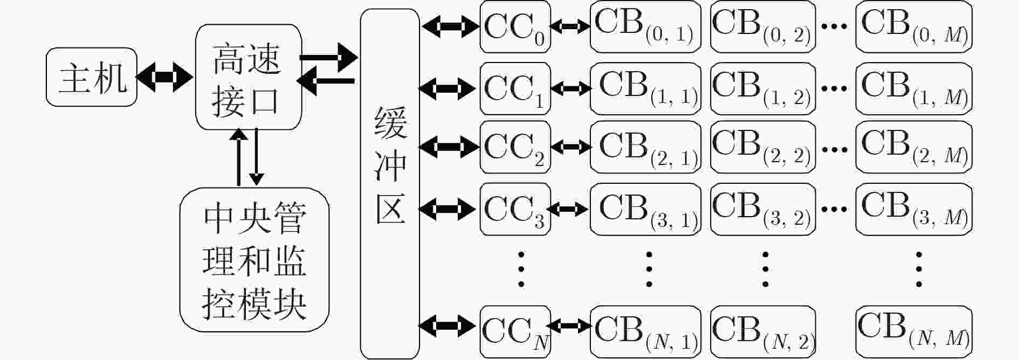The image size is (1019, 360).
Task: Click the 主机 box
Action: tap(92, 77)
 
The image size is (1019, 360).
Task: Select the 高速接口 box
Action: tap(248, 77)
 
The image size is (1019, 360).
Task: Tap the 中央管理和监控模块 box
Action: tap(254, 260)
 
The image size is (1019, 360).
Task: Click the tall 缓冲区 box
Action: tap(390, 183)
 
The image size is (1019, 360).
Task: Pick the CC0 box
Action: tap(515, 27)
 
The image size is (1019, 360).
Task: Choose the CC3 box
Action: tap(515, 209)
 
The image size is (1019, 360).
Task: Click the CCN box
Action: tap(515, 331)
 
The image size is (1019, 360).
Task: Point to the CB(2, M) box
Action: tap(914, 147)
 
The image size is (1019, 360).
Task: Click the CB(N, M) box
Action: tap(914, 331)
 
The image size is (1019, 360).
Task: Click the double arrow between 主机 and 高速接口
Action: tap(165, 77)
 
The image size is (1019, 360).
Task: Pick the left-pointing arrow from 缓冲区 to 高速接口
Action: tap(326, 81)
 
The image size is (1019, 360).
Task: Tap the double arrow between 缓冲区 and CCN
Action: tap(448, 326)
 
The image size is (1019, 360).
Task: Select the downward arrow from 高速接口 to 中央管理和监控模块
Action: tap(257, 157)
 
